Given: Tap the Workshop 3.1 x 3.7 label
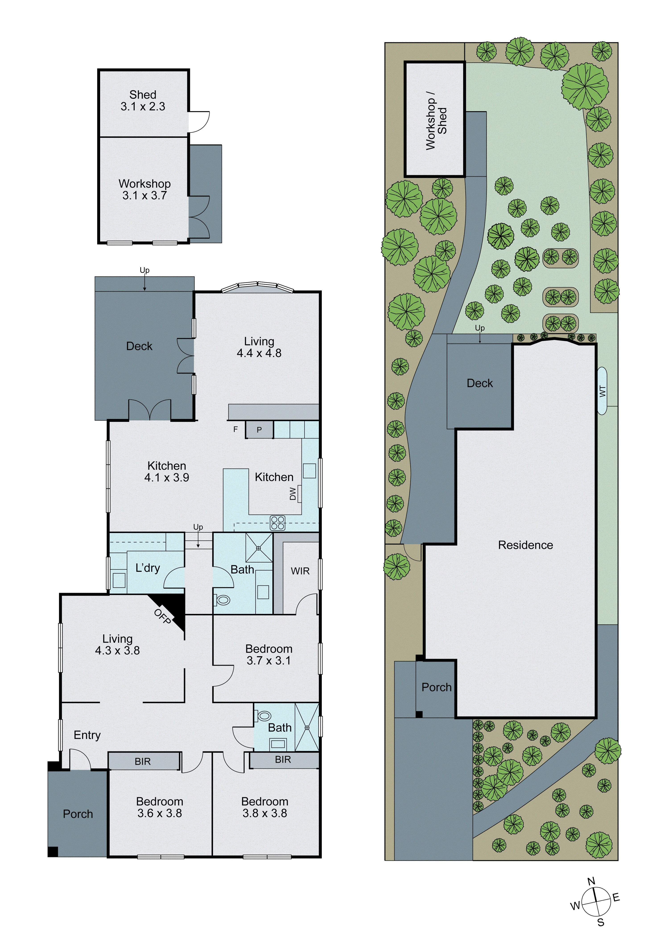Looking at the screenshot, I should click(x=144, y=190).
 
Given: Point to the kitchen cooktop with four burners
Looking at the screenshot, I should click(x=278, y=523).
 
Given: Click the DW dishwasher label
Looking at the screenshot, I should click(x=293, y=493).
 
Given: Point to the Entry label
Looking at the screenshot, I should click(x=87, y=735).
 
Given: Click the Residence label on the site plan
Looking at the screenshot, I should click(x=525, y=545).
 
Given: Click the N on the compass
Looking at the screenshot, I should click(x=591, y=881).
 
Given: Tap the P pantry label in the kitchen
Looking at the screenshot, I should click(x=259, y=430).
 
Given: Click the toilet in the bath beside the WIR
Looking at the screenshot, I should click(x=223, y=600).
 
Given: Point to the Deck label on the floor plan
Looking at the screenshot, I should click(x=139, y=346).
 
